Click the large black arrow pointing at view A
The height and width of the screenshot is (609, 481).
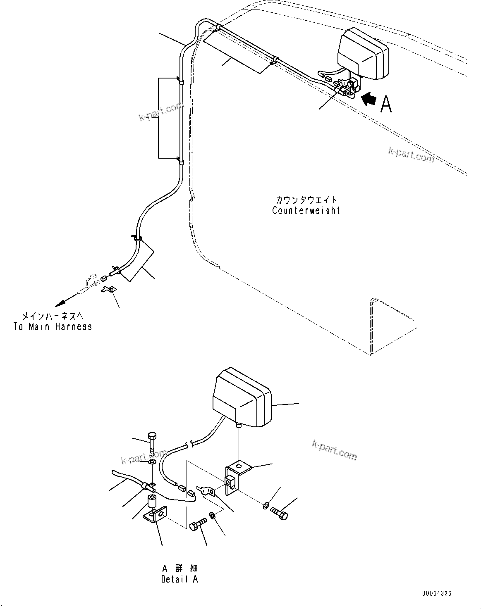(x=369, y=99)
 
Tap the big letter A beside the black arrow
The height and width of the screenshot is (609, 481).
(x=386, y=104)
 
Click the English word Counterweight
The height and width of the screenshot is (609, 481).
(x=306, y=210)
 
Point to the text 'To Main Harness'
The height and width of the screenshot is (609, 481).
(x=53, y=327)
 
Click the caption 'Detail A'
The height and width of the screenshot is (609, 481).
(x=179, y=579)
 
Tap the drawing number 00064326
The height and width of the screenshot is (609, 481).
(x=436, y=593)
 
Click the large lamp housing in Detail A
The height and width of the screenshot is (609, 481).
(x=241, y=399)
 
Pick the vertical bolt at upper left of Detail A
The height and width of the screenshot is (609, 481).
(x=151, y=443)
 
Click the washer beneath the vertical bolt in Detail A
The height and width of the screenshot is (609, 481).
(x=151, y=462)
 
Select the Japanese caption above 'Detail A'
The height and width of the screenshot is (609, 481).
(x=179, y=568)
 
